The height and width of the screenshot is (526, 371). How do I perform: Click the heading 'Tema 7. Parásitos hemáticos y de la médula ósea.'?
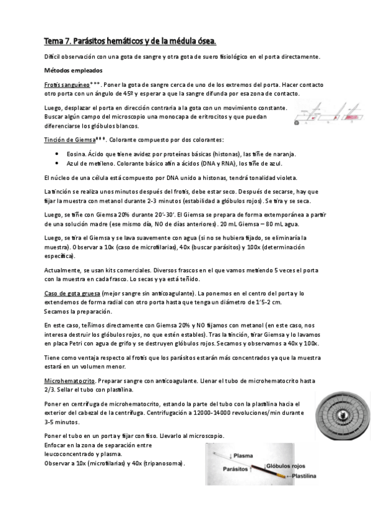130,42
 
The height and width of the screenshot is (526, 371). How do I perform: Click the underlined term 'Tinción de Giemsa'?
68,140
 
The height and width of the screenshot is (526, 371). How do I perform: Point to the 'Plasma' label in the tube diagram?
231,454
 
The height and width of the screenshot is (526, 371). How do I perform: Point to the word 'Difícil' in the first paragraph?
52,56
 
